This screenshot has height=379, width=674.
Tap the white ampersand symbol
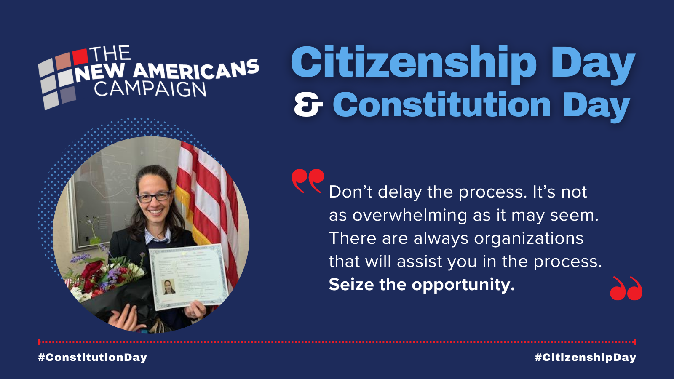coord(308,105)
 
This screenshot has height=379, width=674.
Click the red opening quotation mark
coord(308,180)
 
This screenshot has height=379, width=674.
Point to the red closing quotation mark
coord(626,289)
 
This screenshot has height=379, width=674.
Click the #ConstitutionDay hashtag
coord(92,358)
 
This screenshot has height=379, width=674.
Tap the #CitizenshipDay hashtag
coord(585,358)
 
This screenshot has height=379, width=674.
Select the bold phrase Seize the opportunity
coord(422,285)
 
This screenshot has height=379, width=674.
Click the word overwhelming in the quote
coord(410,216)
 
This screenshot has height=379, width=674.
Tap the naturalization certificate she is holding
coord(188,276)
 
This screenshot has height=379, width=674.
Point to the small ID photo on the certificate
coord(169,287)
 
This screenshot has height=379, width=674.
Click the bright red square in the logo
coord(80,56)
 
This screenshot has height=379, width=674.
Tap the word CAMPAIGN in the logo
coord(150,89)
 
